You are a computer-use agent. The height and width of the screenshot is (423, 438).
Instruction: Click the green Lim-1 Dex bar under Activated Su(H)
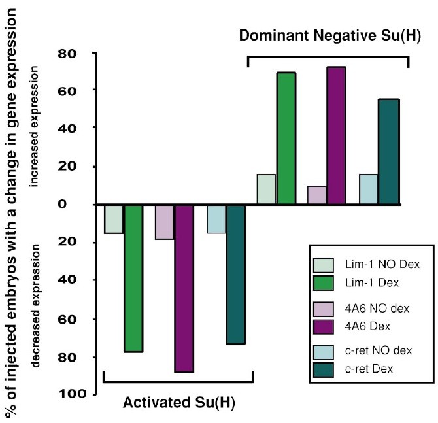(x=133, y=278)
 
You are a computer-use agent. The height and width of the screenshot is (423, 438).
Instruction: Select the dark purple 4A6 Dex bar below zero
(x=184, y=288)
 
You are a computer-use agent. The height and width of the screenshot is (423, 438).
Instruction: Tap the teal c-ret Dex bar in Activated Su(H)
(x=236, y=274)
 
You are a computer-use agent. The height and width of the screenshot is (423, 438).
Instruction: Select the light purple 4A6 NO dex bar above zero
(x=316, y=195)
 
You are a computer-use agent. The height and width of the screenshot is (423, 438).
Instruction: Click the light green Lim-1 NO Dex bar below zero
(x=114, y=218)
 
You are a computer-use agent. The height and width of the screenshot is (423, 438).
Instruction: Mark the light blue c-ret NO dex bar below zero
(x=216, y=218)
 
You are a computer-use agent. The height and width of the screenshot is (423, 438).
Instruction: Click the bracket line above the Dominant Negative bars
(x=327, y=57)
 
